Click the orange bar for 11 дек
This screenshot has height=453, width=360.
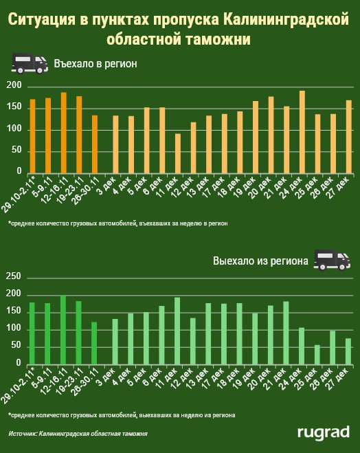(178, 153)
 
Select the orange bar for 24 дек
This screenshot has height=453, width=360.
(302, 132)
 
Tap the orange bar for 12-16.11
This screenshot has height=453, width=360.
(63, 133)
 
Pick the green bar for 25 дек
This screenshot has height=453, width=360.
(317, 355)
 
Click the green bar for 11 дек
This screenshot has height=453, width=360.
(177, 331)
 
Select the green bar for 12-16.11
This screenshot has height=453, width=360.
(63, 330)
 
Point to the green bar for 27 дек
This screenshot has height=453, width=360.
(348, 351)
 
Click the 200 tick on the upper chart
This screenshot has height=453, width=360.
(14, 85)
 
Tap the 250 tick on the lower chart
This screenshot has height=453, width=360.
(14, 276)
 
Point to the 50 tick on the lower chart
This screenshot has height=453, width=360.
(16, 345)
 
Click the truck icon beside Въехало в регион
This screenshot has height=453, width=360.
(30, 63)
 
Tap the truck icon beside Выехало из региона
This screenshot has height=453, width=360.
(332, 260)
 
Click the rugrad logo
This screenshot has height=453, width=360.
(324, 433)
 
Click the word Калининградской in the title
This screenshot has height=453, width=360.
(286, 20)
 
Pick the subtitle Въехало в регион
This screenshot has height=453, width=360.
(95, 63)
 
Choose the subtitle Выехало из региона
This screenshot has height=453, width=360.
(260, 261)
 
